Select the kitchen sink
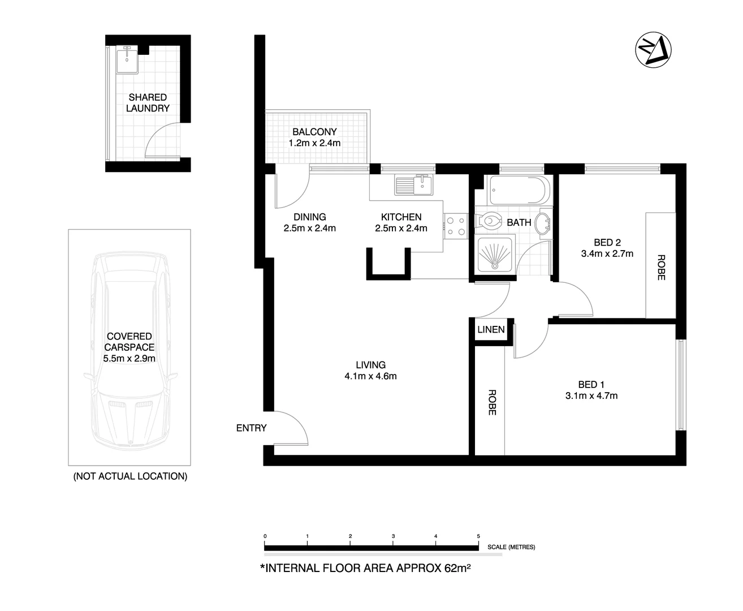pos(423,183)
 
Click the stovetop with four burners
pos(456,226)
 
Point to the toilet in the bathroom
pos(489,221)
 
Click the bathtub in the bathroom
pos(519,191)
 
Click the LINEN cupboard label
pos(491,329)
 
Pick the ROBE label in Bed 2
pos(661,268)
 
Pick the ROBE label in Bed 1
pos(491,402)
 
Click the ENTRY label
pos(251,428)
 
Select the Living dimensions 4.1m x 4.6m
pos(370,376)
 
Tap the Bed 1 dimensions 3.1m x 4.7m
pos(591,395)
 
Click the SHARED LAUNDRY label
pos(148,102)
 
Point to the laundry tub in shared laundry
pos(128,59)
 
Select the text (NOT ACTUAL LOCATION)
pos(130,476)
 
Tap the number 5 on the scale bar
pos(478,536)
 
